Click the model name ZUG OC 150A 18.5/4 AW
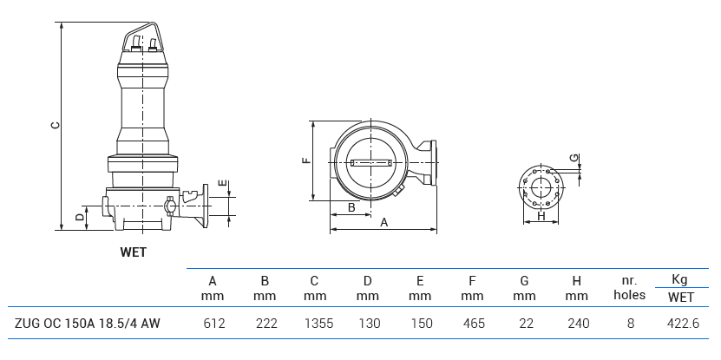click(x=87, y=324)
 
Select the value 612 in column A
click(x=213, y=324)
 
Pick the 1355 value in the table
click(x=316, y=324)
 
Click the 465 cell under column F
click(x=472, y=324)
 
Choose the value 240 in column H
click(x=577, y=324)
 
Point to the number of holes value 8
click(x=630, y=324)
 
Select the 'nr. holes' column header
click(x=630, y=288)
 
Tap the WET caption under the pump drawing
click(x=133, y=252)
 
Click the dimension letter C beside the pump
click(x=54, y=126)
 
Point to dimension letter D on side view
click(x=79, y=217)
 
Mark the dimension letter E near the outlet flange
click(x=222, y=184)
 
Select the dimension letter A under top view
click(x=383, y=222)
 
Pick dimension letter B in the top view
click(x=351, y=207)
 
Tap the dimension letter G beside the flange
click(x=574, y=158)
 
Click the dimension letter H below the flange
click(x=541, y=217)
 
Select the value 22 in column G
click(x=524, y=324)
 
